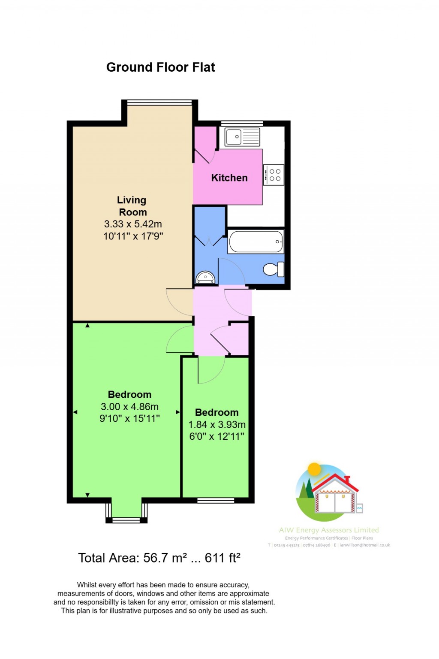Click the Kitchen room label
click(229, 178)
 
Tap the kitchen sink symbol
click(234, 137)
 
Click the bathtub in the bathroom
click(256, 242)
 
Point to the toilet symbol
click(273, 269)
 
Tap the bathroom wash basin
click(205, 278)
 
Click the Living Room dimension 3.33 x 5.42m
click(133, 224)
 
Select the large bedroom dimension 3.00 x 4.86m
click(129, 407)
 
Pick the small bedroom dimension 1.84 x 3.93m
click(217, 425)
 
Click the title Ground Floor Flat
click(160, 67)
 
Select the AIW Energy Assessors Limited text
click(329, 530)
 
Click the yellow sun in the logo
click(314, 469)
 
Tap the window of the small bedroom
click(216, 500)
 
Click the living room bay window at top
click(159, 103)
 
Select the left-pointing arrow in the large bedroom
click(75, 412)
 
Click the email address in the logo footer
click(364, 545)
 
